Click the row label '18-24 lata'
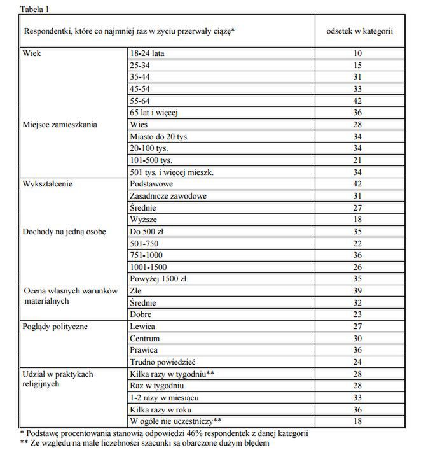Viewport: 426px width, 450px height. tap(147, 53)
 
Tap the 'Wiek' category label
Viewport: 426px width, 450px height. tap(32, 53)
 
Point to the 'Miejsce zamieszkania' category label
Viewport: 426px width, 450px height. tap(60, 125)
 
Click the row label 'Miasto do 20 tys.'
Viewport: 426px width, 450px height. tap(159, 136)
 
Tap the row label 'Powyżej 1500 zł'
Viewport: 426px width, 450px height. tap(158, 279)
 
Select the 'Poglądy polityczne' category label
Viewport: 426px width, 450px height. tap(55, 327)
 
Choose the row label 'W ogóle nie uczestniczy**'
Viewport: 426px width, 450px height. tap(175, 421)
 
